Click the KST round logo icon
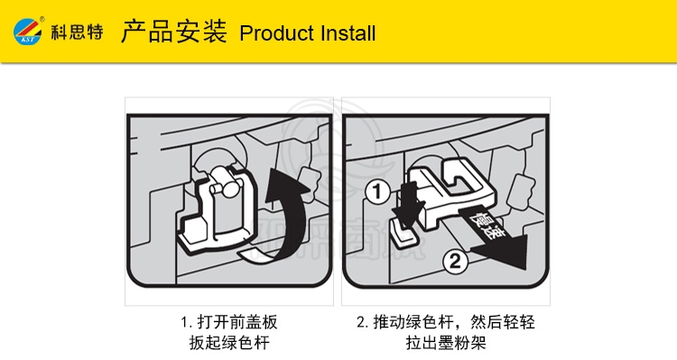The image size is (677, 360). point(28,31)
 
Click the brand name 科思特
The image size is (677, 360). point(78,32)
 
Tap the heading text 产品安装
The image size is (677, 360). point(174,31)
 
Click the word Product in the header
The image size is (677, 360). point(276,33)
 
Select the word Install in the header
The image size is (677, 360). point(348,33)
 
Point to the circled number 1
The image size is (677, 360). point(378,192)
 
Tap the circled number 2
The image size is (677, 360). point(456,261)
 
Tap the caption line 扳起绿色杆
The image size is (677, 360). point(229,343)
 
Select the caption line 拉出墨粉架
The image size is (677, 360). point(446,343)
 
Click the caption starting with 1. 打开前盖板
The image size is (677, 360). point(229,322)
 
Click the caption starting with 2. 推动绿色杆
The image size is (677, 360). point(446,322)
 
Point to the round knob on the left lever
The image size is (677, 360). point(227,188)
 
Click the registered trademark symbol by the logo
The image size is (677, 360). point(42,19)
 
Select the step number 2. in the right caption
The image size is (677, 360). point(362,322)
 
